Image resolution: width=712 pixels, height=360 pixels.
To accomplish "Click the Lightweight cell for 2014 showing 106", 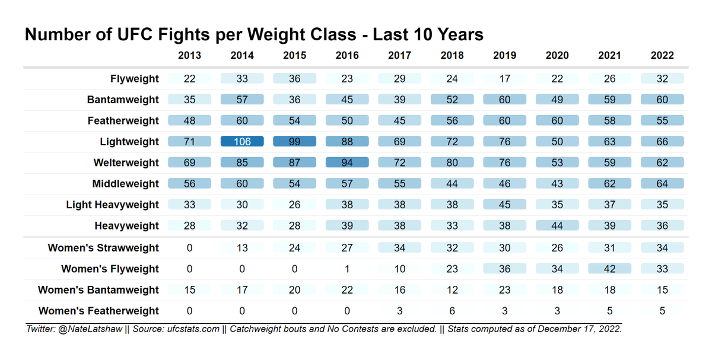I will click(242, 142).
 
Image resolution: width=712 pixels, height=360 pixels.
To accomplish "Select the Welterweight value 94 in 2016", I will click(347, 163).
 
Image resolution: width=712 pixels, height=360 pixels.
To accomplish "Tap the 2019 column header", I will click(505, 55).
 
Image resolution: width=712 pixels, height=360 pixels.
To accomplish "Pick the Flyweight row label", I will click(135, 79).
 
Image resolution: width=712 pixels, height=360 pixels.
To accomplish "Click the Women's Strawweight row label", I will click(103, 248).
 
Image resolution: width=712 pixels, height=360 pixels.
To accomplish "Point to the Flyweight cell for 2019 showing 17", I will click(505, 79).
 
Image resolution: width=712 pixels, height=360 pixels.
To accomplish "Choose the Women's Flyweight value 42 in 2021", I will click(610, 269).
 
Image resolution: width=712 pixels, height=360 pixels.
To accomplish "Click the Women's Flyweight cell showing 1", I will click(347, 269).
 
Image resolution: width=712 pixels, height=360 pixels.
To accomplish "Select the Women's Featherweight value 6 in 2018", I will click(452, 311).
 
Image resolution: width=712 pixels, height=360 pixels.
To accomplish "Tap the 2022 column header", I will click(662, 55).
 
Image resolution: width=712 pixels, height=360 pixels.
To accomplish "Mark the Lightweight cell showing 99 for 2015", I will click(295, 142).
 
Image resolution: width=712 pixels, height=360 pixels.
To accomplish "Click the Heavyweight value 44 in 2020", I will click(557, 225).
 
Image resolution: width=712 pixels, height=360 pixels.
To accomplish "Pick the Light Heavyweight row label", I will click(112, 205).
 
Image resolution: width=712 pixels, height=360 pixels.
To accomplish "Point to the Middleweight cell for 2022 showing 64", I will click(662, 184).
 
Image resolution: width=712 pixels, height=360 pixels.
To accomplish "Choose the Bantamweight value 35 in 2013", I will click(189, 100).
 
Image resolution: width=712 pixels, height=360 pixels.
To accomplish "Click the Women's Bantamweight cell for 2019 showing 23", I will click(505, 290).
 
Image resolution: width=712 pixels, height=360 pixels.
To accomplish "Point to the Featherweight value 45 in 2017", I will click(400, 121).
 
